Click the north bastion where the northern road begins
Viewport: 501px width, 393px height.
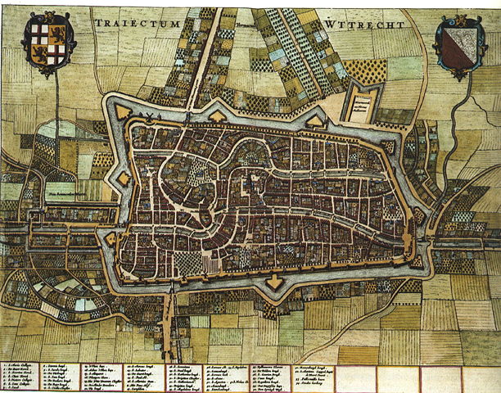[x=219, y=116]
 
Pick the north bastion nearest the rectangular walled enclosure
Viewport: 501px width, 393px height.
[x=315, y=120]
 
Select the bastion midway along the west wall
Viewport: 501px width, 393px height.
[x=123, y=178]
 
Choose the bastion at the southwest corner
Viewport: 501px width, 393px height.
[x=113, y=240]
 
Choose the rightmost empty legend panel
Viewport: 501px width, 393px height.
[x=479, y=377]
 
